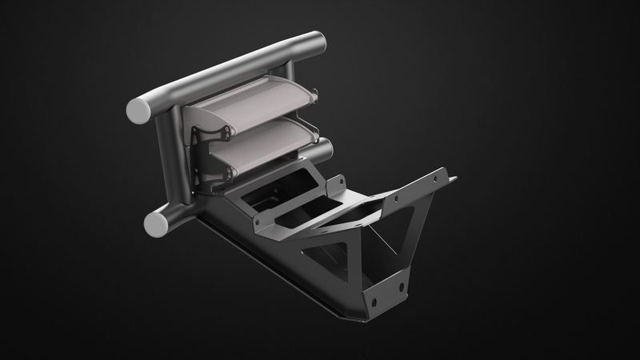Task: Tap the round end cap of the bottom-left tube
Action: click(x=154, y=220)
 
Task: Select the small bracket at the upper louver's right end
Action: click(x=314, y=98)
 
